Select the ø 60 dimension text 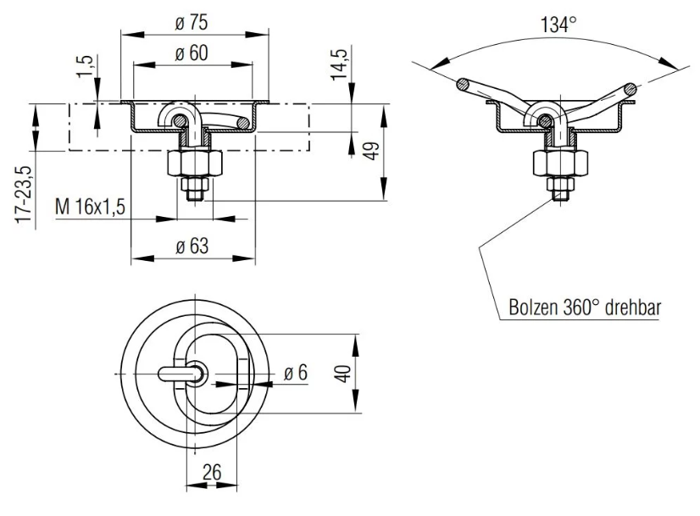coord(192,53)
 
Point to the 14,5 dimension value coord(343,64)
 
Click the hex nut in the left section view coord(200,162)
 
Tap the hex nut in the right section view coord(555,162)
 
